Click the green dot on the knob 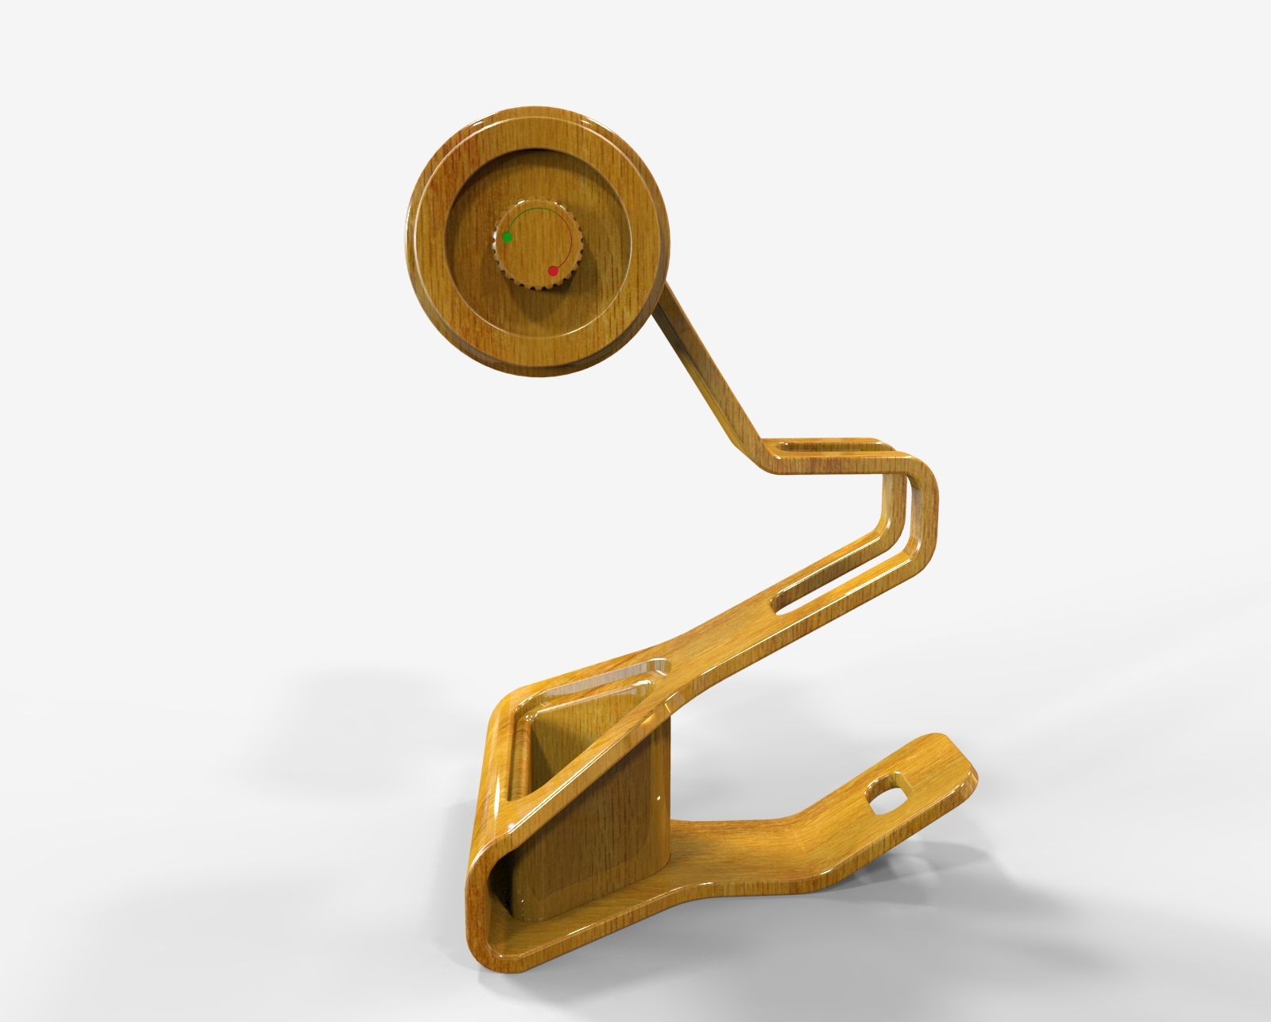[x=507, y=237]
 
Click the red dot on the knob [x=554, y=272]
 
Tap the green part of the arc [x=528, y=211]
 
